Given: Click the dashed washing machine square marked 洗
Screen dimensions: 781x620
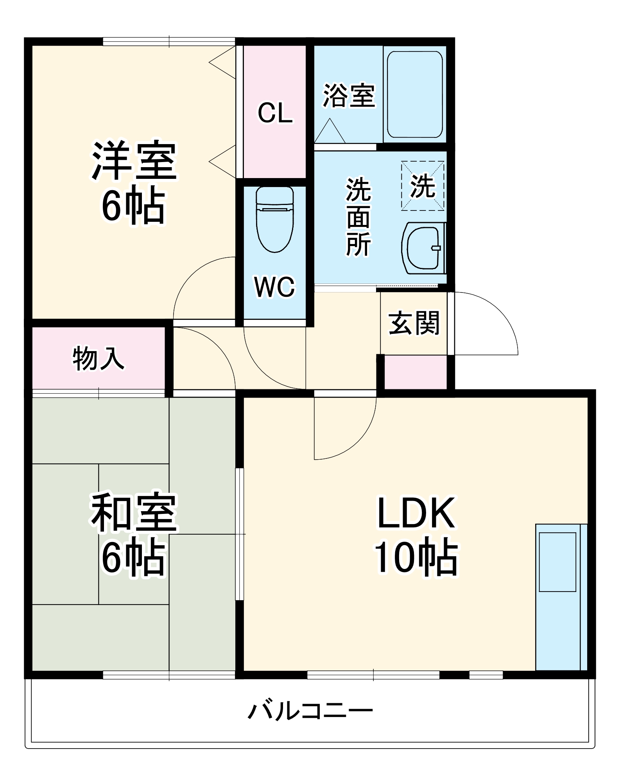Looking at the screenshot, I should [423, 186].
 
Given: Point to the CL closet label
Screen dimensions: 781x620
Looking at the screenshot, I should [275, 113].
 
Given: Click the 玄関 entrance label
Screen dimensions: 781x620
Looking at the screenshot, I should [414, 323].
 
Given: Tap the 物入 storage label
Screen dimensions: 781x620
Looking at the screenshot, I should [99, 358].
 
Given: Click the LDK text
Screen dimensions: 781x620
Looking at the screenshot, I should [416, 512].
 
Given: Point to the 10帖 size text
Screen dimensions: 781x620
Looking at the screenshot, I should [416, 557].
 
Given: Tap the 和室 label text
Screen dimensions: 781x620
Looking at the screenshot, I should [134, 512].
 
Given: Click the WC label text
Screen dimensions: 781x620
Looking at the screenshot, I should [274, 287].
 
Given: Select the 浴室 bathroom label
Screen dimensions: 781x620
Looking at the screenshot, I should [349, 96].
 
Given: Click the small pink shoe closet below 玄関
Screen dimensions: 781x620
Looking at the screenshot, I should [416, 372].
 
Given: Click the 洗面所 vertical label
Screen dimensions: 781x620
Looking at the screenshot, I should [358, 217].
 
